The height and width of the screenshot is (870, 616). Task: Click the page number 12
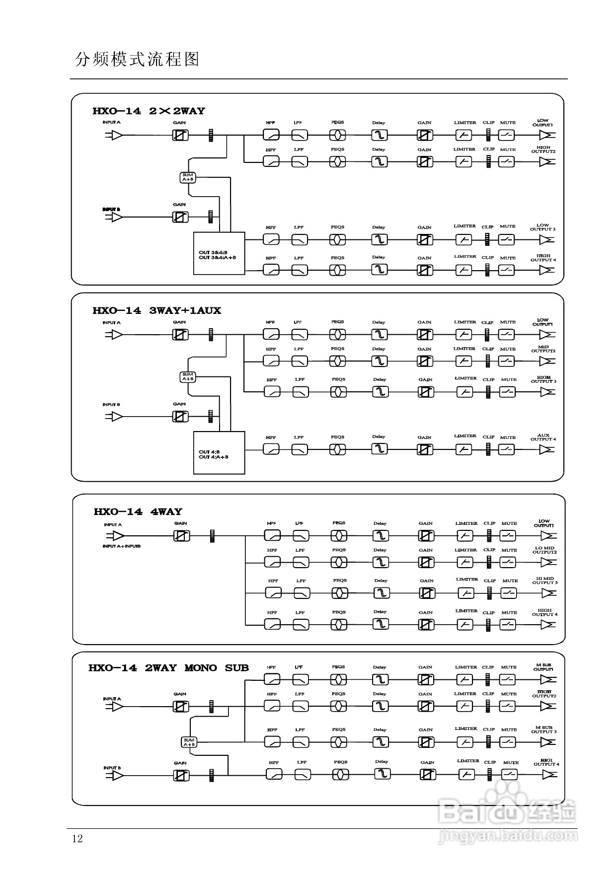point(77,839)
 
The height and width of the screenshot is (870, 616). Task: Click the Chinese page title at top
point(137,60)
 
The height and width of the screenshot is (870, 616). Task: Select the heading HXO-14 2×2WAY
point(149,111)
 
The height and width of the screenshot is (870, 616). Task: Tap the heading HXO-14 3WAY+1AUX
point(156,311)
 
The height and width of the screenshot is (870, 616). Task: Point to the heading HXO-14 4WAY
point(138,512)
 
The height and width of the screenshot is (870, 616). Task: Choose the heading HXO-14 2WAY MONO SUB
point(168,668)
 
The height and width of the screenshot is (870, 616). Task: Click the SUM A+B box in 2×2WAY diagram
point(187,177)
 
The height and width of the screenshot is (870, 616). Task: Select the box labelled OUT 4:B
point(219,452)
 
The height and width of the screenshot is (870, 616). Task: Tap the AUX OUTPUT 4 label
point(543,437)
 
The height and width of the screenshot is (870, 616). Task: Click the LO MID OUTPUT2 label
point(544,550)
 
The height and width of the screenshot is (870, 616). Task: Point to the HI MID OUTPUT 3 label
point(545,580)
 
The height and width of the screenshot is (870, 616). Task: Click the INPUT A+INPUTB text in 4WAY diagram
point(121,546)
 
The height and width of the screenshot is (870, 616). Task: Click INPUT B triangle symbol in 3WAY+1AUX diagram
point(116,417)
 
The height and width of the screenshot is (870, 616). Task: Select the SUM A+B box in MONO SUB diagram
point(189,742)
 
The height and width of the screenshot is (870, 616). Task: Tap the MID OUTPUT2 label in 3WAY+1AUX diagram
point(543,349)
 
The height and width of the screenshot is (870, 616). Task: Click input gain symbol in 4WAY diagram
point(181,536)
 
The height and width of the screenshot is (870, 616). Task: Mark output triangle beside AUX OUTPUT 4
point(547,449)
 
